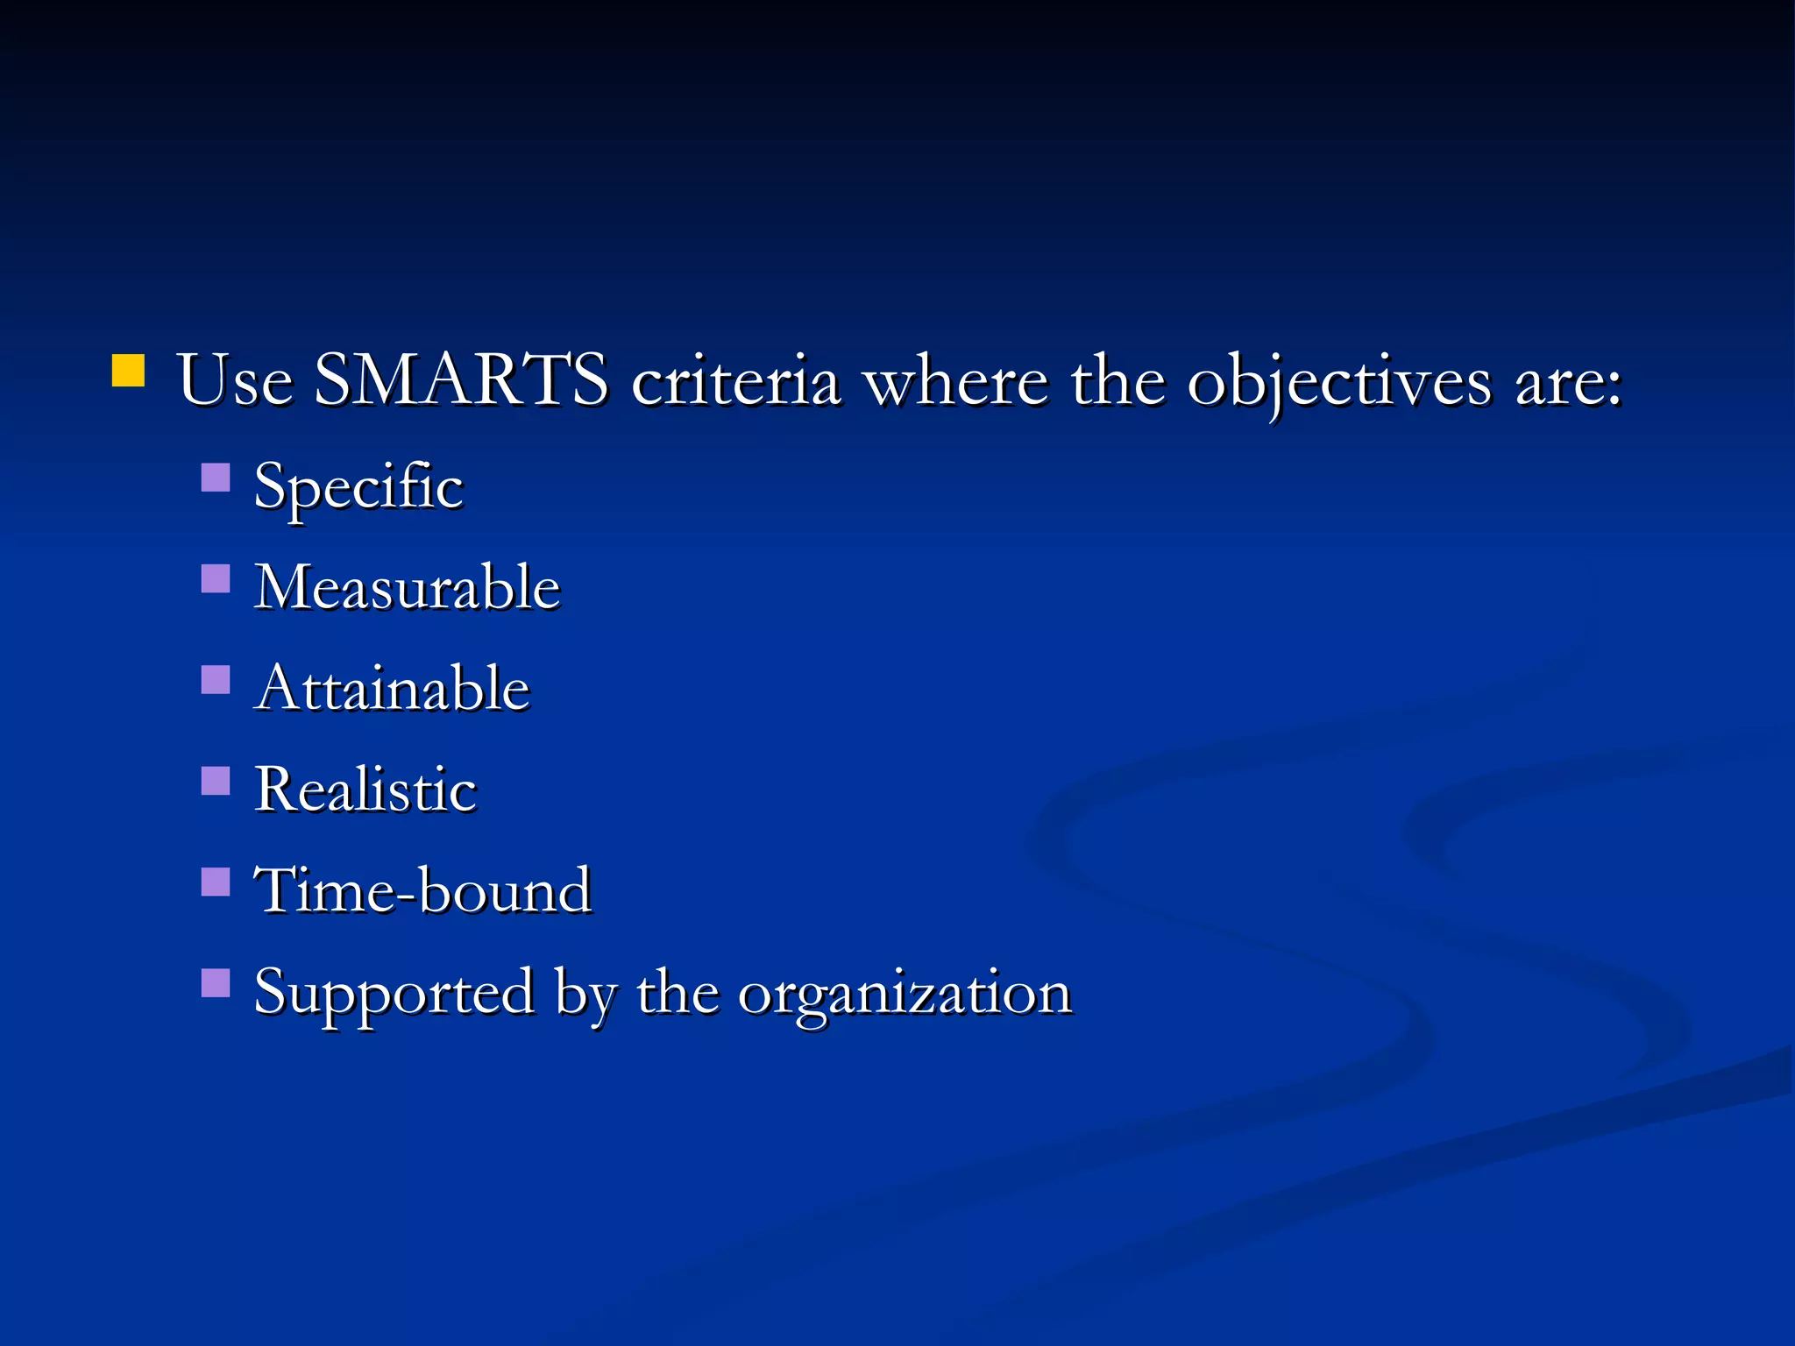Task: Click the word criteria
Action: (735, 381)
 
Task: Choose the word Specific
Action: (358, 487)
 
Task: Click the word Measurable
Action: (407, 586)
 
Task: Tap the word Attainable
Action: (393, 688)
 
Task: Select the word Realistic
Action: (365, 789)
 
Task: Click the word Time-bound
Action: (422, 890)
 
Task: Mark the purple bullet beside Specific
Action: (216, 478)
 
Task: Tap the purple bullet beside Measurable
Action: (216, 578)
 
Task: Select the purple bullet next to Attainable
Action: (216, 679)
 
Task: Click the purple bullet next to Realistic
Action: (216, 780)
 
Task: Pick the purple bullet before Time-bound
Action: (216, 882)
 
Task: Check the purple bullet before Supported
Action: (216, 982)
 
